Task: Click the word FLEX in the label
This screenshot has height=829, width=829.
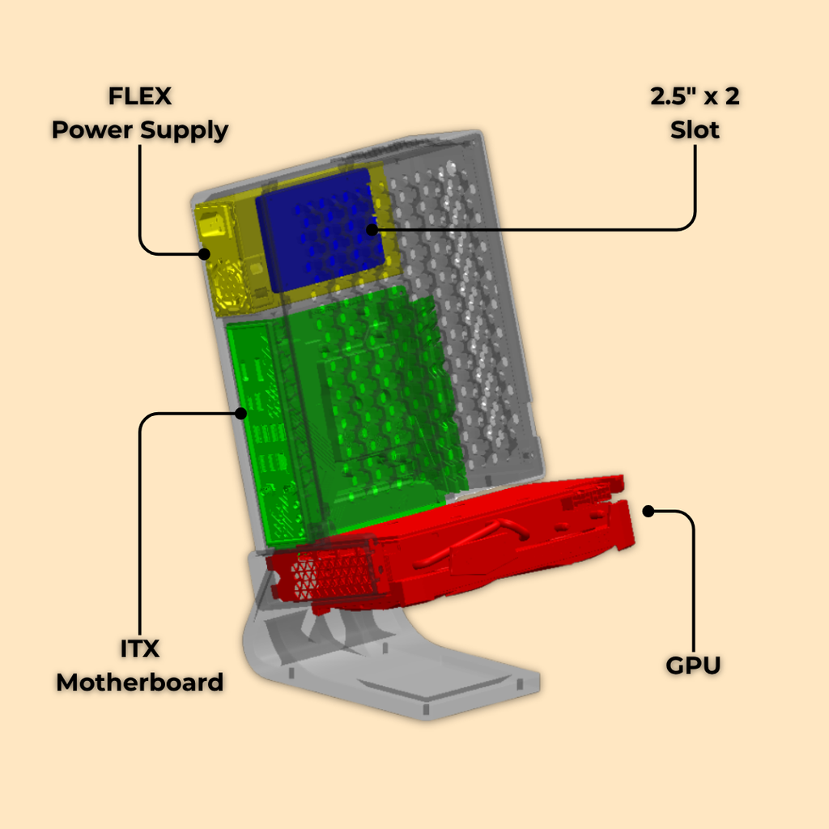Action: [x=140, y=96]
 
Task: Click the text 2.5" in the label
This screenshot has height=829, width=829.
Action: [x=669, y=97]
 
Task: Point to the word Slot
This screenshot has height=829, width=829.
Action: [x=695, y=130]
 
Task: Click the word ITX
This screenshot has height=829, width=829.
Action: [x=140, y=649]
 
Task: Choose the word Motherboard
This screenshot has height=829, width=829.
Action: [x=140, y=682]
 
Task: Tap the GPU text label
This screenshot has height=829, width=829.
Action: [x=694, y=666]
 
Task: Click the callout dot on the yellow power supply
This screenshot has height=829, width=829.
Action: [x=204, y=253]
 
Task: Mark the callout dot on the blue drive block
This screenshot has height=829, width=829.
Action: [x=371, y=229]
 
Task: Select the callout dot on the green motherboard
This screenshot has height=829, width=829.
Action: [x=240, y=414]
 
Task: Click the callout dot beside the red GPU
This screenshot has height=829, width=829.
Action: [x=648, y=511]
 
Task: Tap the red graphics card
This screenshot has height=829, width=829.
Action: [x=486, y=542]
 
